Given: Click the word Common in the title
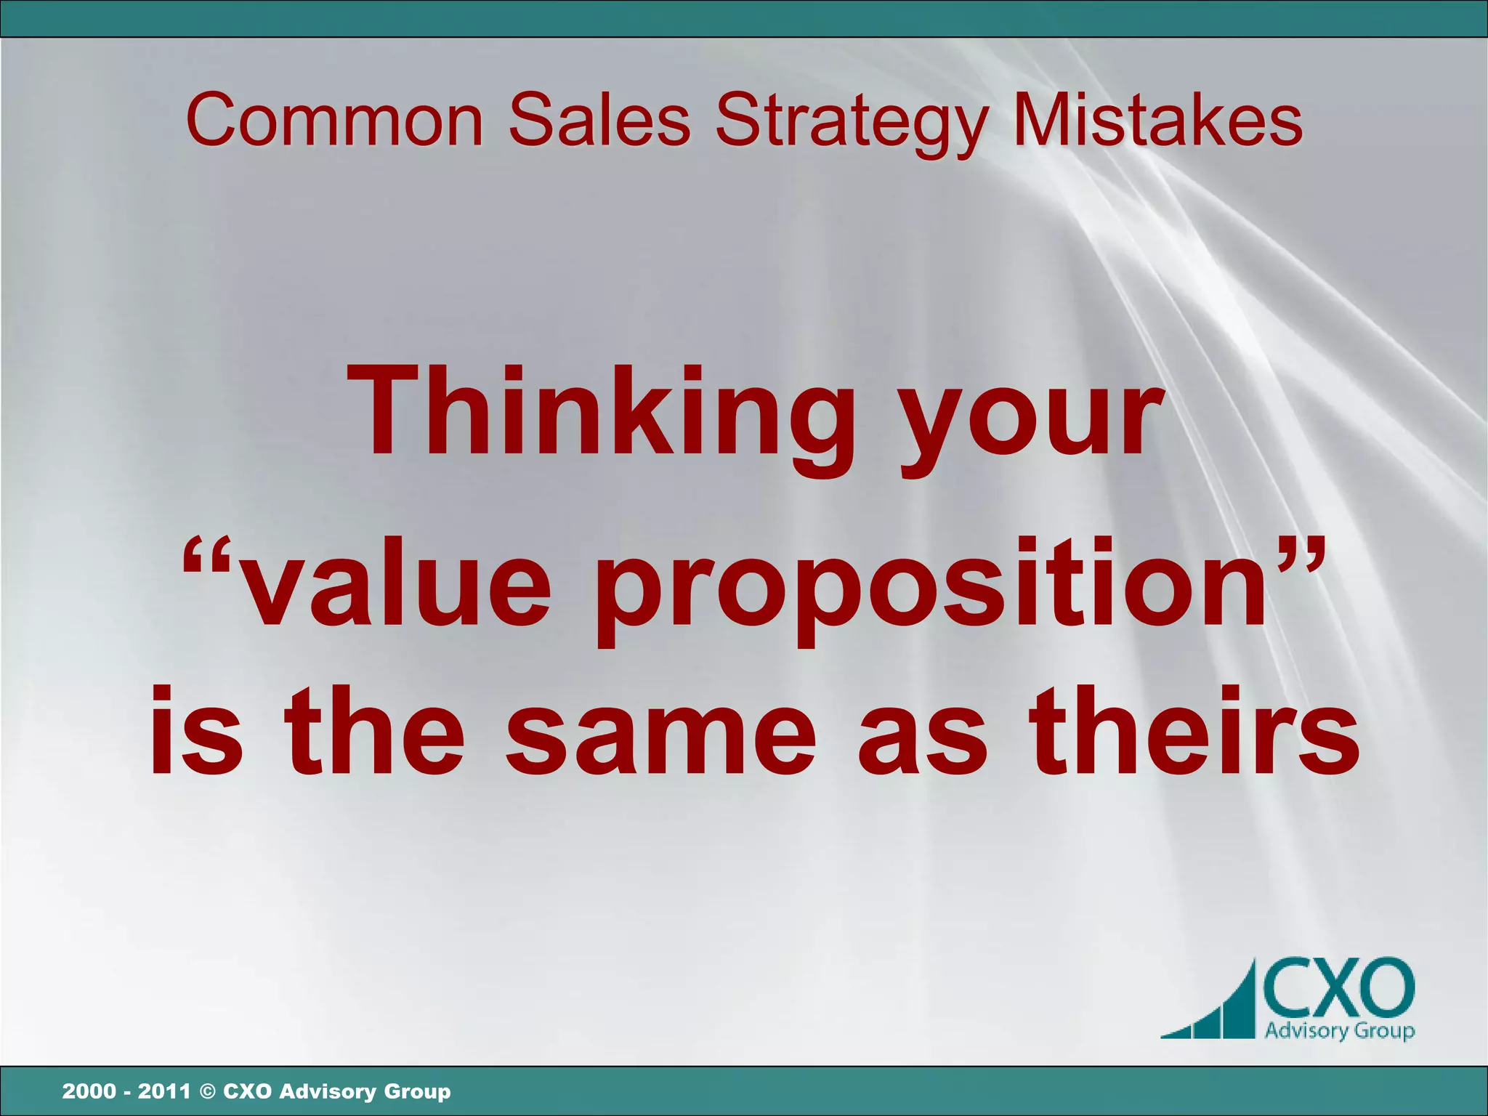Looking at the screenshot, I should (334, 120).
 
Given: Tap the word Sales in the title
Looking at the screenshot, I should (599, 120).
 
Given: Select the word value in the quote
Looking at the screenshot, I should (396, 585).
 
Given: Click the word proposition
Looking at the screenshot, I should (930, 589).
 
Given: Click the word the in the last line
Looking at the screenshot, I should (373, 730).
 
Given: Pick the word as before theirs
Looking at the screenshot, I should (923, 741).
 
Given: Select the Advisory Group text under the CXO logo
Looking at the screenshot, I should (1339, 1030).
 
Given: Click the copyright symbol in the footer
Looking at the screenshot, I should (207, 1091).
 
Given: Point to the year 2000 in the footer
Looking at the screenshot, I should (89, 1091).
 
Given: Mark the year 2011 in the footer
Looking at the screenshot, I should (164, 1091).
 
